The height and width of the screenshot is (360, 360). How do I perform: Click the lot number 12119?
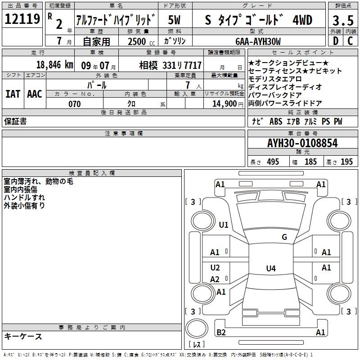point(22,19)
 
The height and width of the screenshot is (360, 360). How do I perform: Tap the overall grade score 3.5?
point(343,21)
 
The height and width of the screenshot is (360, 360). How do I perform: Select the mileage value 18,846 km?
point(54,65)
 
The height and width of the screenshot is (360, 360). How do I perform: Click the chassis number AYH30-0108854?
point(302,143)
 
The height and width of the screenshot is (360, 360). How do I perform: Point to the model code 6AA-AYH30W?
point(258,41)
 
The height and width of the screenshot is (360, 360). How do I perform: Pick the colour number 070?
point(74,104)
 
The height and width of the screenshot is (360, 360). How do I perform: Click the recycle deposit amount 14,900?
point(225,104)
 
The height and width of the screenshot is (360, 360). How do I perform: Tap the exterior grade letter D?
point(336,41)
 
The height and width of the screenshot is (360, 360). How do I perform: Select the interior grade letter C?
point(350,41)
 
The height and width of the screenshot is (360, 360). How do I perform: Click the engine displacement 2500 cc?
point(141,41)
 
